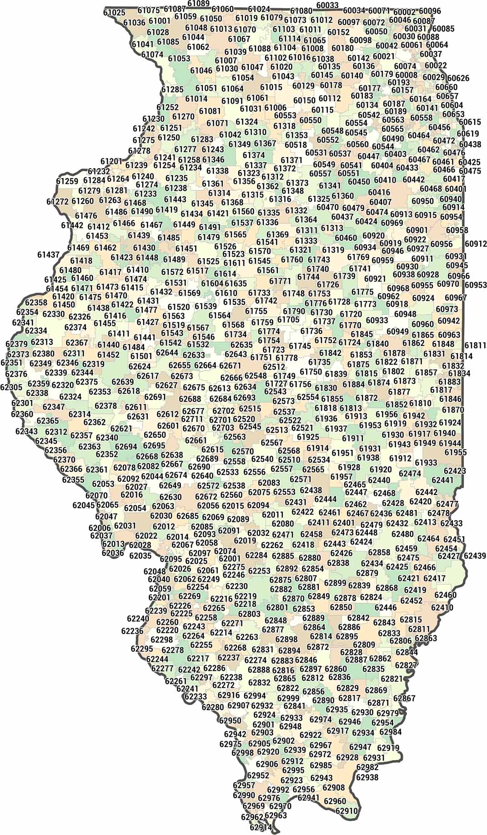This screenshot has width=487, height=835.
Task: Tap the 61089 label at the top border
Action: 198,4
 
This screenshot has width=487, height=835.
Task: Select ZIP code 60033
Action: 327,5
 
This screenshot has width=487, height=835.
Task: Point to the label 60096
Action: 430,11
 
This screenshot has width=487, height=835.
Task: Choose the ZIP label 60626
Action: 458,78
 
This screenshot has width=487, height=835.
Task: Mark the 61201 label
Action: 111,161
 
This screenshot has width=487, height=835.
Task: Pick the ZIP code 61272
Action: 57,201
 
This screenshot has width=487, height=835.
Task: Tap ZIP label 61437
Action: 48,255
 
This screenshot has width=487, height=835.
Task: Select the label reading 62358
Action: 36,303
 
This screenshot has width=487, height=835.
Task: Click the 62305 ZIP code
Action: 11,387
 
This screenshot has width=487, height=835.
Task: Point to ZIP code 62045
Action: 84,505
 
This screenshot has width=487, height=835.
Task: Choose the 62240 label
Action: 138,619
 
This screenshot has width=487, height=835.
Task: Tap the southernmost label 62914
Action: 261,827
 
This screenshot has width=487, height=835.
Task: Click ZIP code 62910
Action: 346,810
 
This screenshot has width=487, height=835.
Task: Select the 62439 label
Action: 475,555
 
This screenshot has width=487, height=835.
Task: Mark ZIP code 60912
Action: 476,244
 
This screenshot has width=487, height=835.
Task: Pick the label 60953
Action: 476,285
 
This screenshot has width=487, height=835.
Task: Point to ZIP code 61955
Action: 456,452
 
